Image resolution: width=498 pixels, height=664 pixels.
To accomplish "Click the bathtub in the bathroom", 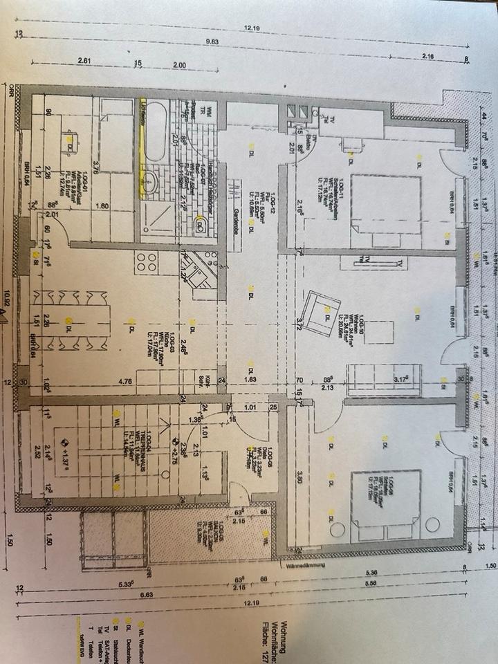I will [156, 131].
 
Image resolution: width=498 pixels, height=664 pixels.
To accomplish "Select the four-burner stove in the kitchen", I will [147, 262].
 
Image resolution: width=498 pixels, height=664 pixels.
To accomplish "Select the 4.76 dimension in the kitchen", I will [125, 380].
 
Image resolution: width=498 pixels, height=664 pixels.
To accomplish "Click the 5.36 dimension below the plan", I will [371, 571].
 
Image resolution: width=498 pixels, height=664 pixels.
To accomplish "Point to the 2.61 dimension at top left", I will [84, 61].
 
